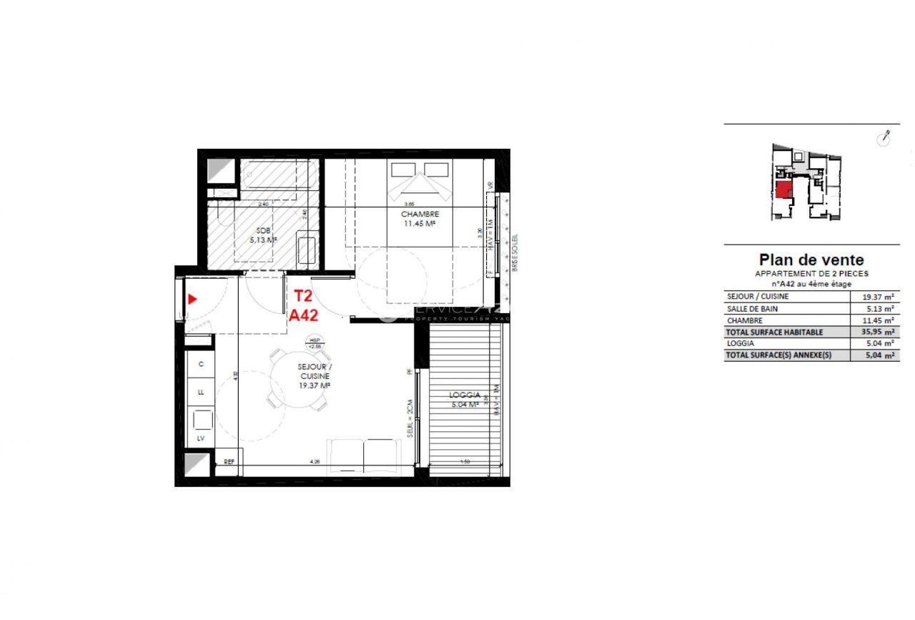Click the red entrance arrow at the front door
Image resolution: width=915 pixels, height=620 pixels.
coord(192,300)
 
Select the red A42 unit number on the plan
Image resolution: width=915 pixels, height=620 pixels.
coord(303,314)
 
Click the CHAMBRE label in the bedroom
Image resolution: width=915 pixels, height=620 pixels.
coord(420,214)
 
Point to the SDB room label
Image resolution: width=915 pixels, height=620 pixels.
coord(262,230)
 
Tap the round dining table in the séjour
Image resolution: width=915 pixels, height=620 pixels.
coord(295,382)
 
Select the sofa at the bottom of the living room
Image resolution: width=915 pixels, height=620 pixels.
coord(363,455)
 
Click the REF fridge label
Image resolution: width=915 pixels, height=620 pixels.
coord(229,462)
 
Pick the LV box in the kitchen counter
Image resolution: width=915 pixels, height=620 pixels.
coord(201,438)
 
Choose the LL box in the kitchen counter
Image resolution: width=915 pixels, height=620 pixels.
coord(201,392)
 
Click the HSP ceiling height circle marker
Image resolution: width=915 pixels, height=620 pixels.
coord(313,343)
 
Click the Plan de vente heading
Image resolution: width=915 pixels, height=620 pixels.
coord(811,260)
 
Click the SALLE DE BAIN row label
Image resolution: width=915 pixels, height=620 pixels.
coord(752,308)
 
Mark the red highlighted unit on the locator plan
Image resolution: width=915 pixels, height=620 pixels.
coord(783,190)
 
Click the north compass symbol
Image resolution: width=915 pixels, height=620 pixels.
coord(884,138)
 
